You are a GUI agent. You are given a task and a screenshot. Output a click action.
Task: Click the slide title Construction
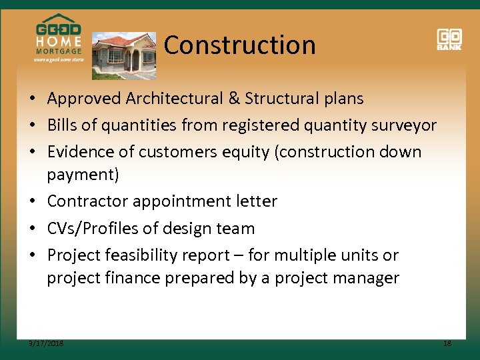point(239,45)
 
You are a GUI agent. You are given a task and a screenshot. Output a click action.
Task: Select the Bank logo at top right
point(449,39)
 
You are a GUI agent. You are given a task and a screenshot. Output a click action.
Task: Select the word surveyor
point(399,125)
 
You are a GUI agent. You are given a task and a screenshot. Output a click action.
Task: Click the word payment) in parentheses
point(83,175)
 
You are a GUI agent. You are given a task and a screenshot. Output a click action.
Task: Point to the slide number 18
point(447,343)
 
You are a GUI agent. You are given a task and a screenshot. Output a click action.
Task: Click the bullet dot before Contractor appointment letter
point(32,201)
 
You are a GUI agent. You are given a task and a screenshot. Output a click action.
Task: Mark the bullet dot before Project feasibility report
point(32,255)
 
